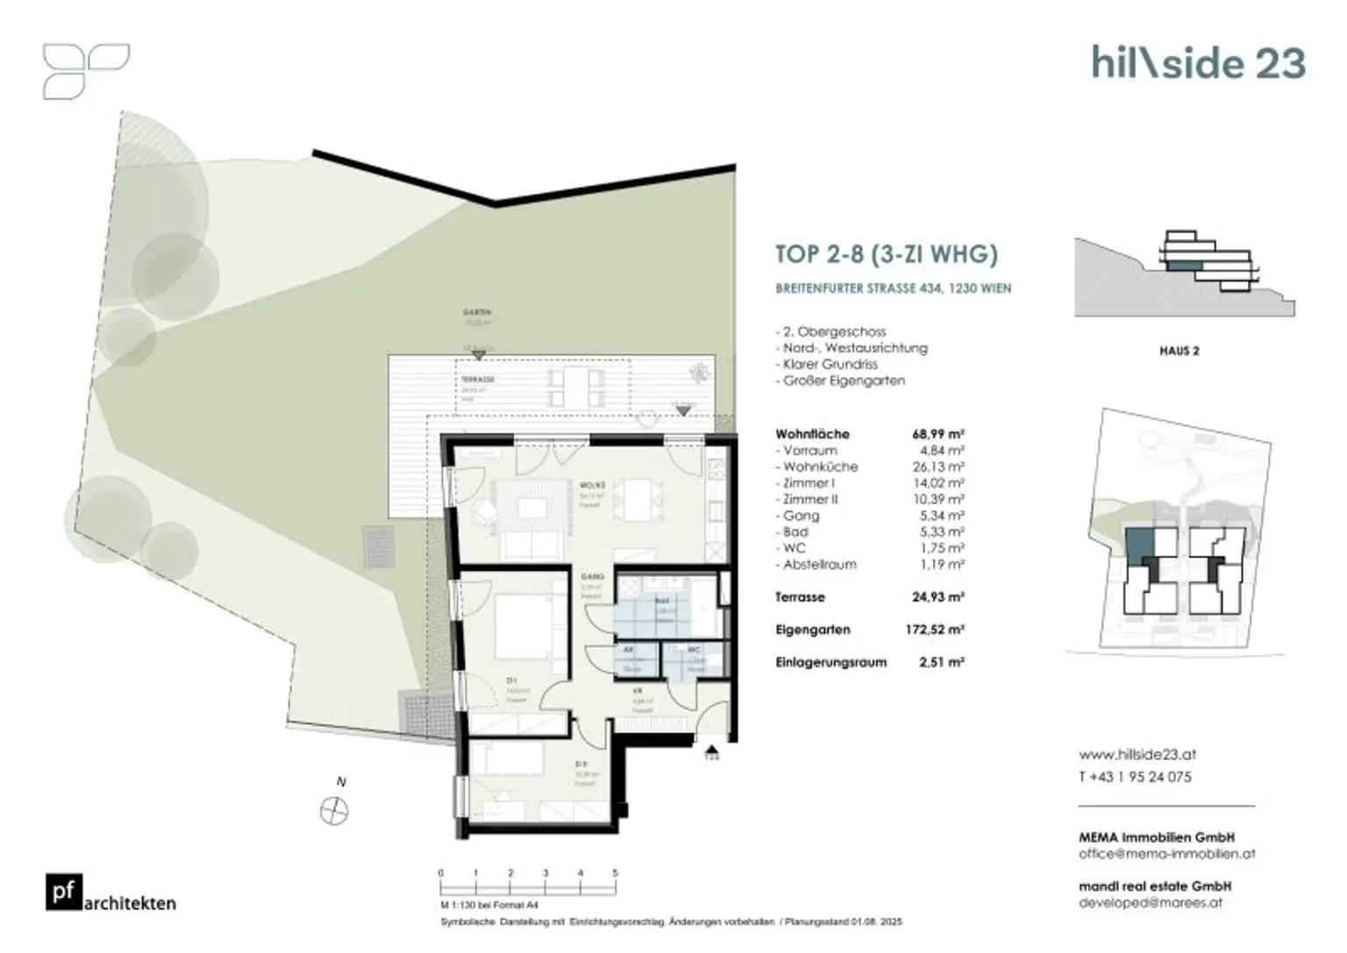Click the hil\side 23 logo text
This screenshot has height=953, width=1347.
1198,63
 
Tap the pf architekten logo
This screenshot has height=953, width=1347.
110,893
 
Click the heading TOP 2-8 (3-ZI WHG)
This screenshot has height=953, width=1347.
887,254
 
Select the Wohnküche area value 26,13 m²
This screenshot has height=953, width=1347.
938,466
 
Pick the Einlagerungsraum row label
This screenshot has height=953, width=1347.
830,663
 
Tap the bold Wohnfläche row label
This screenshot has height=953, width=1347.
812,434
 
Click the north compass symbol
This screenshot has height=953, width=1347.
334,811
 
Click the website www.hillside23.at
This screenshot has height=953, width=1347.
1137,754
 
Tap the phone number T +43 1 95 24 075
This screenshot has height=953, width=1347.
1135,777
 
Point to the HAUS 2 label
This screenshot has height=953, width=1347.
1179,351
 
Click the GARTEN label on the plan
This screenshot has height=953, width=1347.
477,312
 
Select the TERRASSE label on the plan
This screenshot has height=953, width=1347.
477,380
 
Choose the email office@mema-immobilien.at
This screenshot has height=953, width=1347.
1166,853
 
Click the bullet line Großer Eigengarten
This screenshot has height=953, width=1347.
842,380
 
